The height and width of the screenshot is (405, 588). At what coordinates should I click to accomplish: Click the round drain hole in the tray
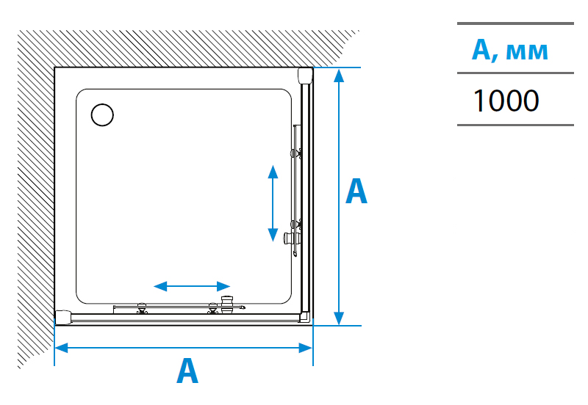tap(102, 114)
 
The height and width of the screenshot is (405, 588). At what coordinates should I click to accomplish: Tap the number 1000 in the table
tap(506, 101)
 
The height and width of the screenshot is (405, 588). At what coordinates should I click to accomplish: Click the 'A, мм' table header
tap(509, 50)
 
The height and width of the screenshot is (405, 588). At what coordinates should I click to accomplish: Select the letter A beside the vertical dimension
tap(356, 191)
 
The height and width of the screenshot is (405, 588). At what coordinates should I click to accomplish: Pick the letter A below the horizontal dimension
tap(187, 371)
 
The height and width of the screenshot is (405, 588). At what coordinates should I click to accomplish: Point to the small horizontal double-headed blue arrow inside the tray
tap(192, 285)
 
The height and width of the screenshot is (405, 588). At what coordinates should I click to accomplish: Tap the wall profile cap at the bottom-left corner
tap(64, 316)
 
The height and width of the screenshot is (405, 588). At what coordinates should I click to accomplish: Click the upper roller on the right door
tap(296, 153)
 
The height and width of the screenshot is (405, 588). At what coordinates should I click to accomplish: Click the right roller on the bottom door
tap(213, 308)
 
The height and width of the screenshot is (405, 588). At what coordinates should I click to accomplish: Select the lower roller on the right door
tap(296, 223)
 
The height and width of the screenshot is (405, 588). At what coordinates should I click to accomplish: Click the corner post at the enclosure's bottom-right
tap(304, 316)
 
